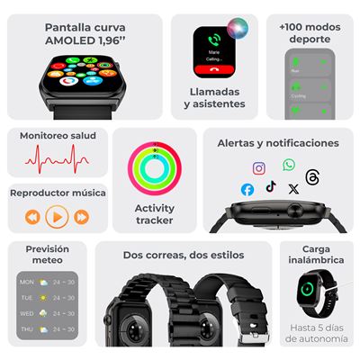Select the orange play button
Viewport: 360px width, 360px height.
(x=57, y=216)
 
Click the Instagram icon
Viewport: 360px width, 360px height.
(x=259, y=168)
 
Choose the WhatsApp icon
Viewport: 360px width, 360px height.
(x=289, y=165)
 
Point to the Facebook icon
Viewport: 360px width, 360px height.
(x=247, y=189)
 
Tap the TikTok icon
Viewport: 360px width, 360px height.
(x=270, y=186)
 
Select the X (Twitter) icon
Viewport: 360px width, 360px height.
(x=292, y=189)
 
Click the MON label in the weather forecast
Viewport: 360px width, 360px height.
(x=27, y=281)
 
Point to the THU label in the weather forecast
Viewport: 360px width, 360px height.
(x=27, y=329)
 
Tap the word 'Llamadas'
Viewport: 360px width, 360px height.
(x=215, y=91)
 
